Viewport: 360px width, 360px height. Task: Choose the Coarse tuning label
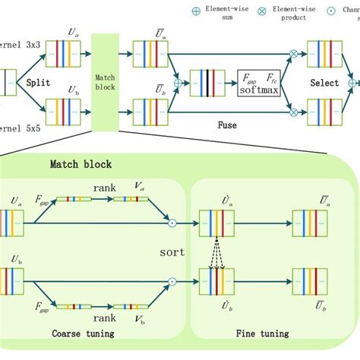coord(84,333)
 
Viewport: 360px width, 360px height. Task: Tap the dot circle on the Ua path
coord(172,223)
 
